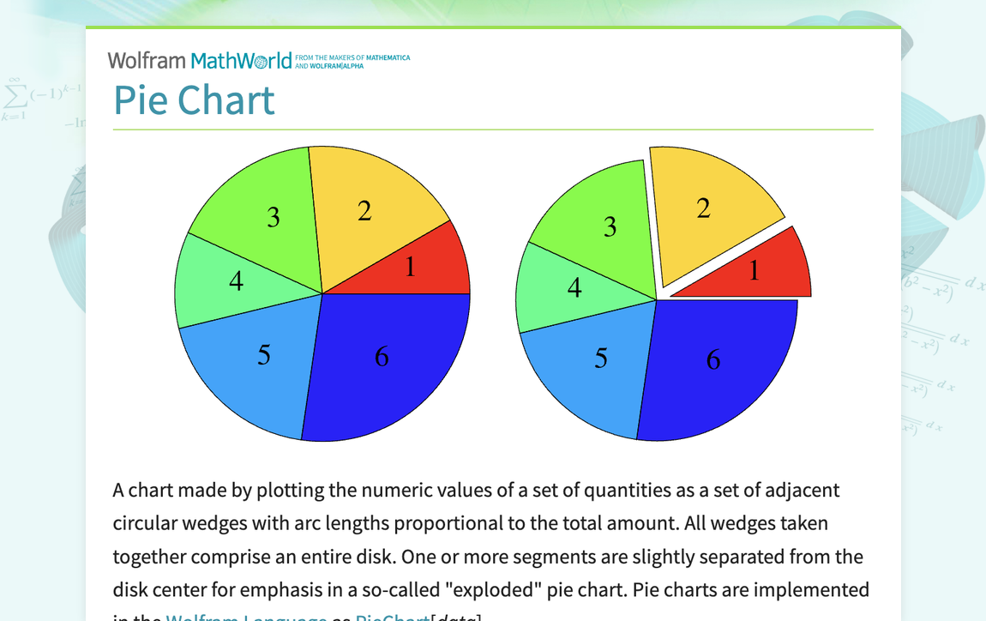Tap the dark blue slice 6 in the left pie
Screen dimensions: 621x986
(x=386, y=360)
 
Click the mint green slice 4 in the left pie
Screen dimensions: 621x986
(x=223, y=283)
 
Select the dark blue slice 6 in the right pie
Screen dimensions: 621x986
(x=716, y=365)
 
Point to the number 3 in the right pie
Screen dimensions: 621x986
(x=610, y=227)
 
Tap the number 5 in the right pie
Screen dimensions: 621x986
(x=601, y=359)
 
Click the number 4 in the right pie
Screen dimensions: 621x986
(x=574, y=289)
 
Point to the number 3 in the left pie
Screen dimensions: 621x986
(x=273, y=218)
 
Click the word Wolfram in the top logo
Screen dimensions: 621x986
(x=147, y=61)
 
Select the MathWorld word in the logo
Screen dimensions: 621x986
(x=241, y=61)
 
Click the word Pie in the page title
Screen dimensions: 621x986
(x=141, y=101)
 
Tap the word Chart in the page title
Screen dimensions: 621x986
(x=226, y=101)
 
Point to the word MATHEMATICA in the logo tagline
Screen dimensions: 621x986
(x=388, y=57)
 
